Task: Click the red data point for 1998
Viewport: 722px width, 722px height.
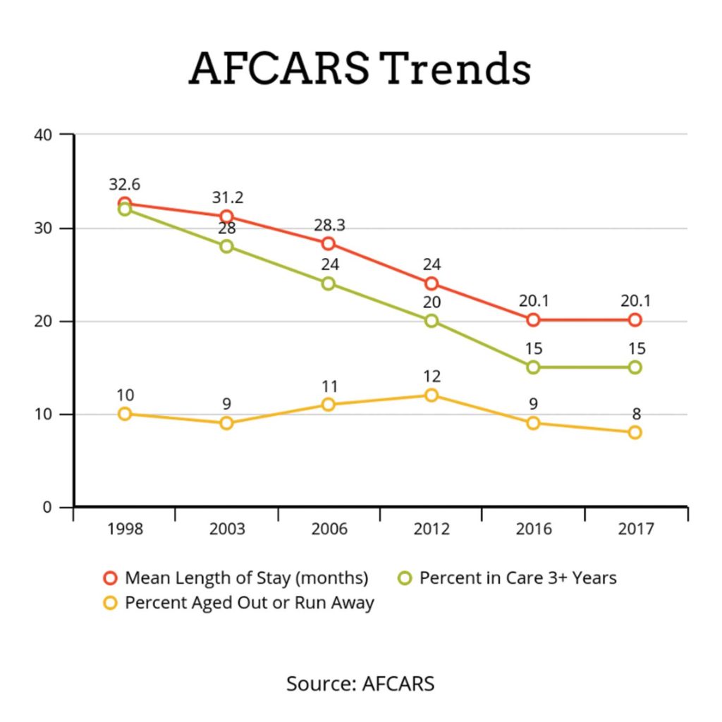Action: [x=124, y=203]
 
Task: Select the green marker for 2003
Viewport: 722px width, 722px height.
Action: [x=226, y=246]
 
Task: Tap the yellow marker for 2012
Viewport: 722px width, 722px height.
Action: [x=431, y=395]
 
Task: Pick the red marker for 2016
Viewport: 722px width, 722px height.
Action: [x=533, y=319]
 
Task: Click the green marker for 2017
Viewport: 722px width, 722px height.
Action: [x=635, y=367]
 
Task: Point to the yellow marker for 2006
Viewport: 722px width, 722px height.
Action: [x=328, y=404]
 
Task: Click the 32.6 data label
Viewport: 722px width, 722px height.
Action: [x=124, y=185]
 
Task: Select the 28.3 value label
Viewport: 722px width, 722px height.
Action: [x=328, y=225]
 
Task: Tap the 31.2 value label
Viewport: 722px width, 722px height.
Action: [x=226, y=198]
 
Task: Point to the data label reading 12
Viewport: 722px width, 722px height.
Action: [x=431, y=377]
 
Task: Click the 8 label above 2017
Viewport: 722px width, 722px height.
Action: [x=635, y=414]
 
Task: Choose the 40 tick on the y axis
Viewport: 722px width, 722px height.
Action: [x=44, y=134]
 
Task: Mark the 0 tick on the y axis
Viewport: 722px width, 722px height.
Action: [x=47, y=507]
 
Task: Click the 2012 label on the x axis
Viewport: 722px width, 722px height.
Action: [x=431, y=530]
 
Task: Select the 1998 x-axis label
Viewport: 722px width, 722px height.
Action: [x=124, y=530]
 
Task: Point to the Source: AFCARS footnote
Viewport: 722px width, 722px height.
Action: [x=360, y=683]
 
